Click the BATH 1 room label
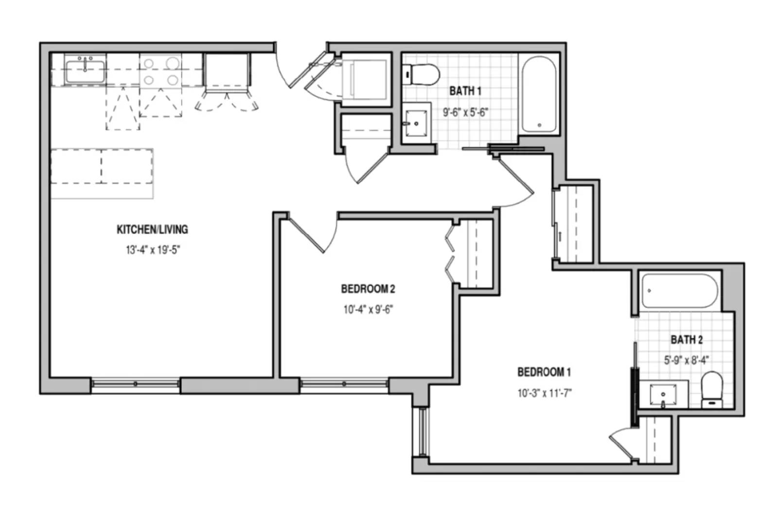click(x=465, y=91)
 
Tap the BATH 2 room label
click(x=687, y=340)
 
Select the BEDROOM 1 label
click(x=544, y=372)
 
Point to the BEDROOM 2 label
click(x=368, y=289)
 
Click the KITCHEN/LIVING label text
click(x=152, y=229)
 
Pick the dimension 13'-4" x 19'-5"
click(x=153, y=250)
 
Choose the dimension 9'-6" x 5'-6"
click(x=466, y=112)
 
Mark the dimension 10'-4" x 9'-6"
click(x=368, y=309)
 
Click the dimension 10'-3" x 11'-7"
click(x=545, y=393)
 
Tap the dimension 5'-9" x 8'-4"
click(x=687, y=360)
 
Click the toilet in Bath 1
click(x=421, y=74)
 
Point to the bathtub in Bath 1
click(x=539, y=94)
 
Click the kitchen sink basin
click(x=85, y=71)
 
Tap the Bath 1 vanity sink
click(x=416, y=123)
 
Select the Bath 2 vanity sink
click(x=663, y=394)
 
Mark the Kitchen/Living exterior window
click(x=136, y=384)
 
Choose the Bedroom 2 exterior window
click(x=344, y=384)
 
